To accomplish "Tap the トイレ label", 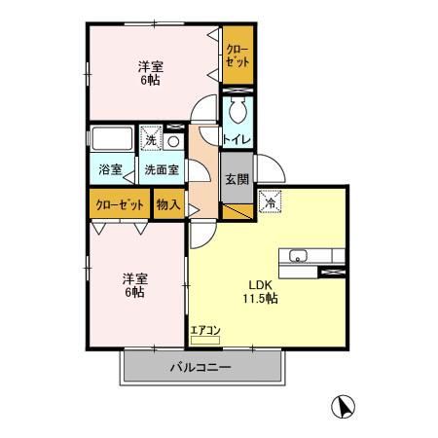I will [237, 139].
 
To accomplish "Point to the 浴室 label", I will [110, 169].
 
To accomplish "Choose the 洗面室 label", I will [161, 169].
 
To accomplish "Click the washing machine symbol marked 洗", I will [151, 139].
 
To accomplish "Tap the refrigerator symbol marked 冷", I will [269, 201].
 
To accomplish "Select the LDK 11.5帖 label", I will [260, 292].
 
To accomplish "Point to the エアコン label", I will [205, 330].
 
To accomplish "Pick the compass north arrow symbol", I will [342, 405].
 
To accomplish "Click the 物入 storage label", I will [167, 204].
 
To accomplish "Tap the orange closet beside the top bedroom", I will [237, 55].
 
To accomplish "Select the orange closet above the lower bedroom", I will [120, 204].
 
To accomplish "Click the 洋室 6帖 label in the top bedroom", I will [149, 74].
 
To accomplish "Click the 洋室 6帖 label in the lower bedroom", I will [133, 283].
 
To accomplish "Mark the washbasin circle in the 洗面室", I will [172, 140].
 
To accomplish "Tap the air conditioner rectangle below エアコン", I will [205, 341].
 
